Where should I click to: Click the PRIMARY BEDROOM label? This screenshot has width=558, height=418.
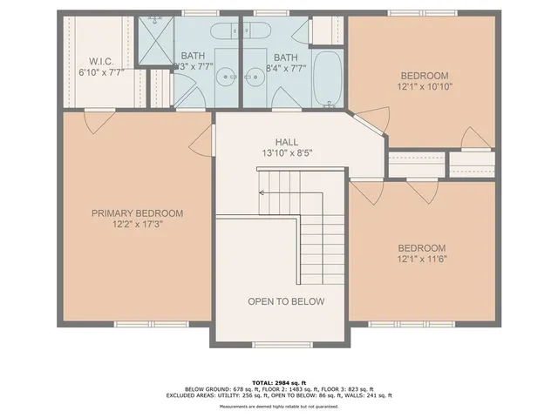[138, 212]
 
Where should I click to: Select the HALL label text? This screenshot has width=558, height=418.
[287, 141]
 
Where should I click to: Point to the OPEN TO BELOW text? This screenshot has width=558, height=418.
[286, 301]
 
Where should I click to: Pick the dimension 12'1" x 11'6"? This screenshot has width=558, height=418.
[422, 258]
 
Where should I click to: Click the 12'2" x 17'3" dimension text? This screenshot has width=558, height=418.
[138, 224]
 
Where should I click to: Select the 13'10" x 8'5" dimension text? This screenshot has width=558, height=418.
[287, 152]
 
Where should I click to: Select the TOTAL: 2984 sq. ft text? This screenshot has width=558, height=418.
[279, 381]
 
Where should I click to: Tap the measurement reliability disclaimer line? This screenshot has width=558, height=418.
[279, 407]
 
